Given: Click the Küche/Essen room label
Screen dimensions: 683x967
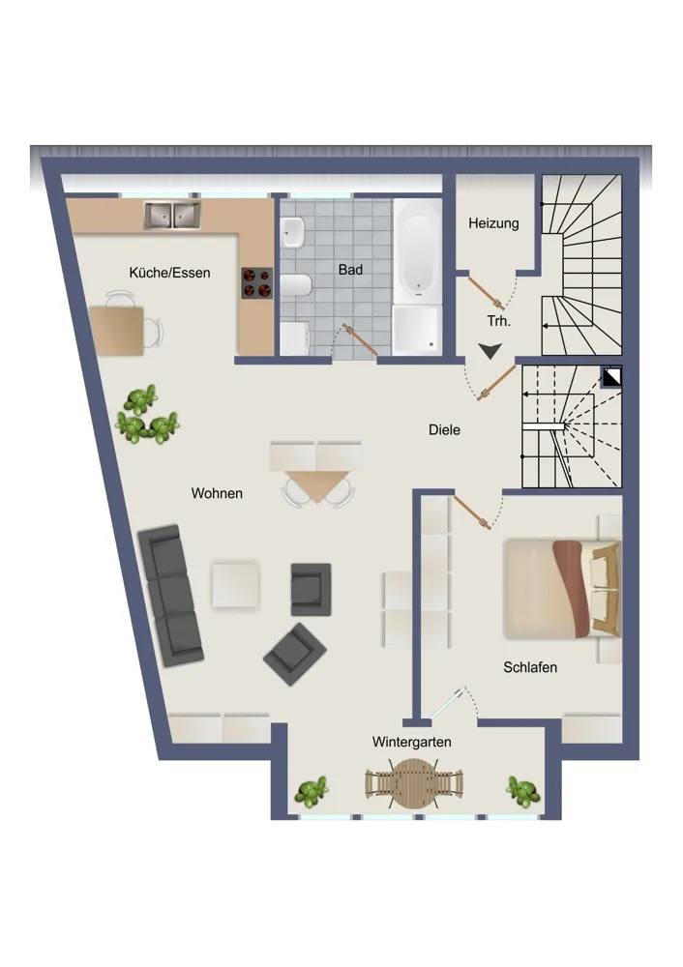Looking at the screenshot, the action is point(169,273).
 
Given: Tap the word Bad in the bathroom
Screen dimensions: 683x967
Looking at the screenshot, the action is point(350,270).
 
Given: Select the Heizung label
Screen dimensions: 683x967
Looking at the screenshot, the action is point(493,223).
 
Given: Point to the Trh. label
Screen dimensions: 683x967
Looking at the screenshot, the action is point(499,321).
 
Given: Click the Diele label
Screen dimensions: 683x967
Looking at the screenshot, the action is point(444,430).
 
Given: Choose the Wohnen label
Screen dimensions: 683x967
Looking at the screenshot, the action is point(217,493).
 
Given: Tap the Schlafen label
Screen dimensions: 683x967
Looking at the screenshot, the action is point(530,667).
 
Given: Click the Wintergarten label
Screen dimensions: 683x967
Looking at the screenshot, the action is point(411,742).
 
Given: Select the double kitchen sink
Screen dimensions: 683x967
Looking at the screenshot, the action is point(172,216).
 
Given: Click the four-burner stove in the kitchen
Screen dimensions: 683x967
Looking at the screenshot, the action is point(256,283).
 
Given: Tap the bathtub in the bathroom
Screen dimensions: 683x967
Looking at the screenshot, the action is point(418,251).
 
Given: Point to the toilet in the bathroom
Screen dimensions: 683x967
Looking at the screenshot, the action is point(295,285).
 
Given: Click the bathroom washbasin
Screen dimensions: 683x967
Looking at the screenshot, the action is point(292,232).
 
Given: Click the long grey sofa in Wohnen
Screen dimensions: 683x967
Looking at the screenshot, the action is point(170,596).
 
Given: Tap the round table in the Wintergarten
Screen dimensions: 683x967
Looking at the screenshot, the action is point(414,784).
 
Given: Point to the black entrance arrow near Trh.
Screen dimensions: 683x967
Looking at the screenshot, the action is point(490,351).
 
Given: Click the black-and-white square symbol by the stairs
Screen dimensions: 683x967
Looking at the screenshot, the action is point(611,377).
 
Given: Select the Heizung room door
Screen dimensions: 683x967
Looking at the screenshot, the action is point(487,292).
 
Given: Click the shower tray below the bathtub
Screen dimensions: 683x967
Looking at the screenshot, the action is point(417,330).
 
